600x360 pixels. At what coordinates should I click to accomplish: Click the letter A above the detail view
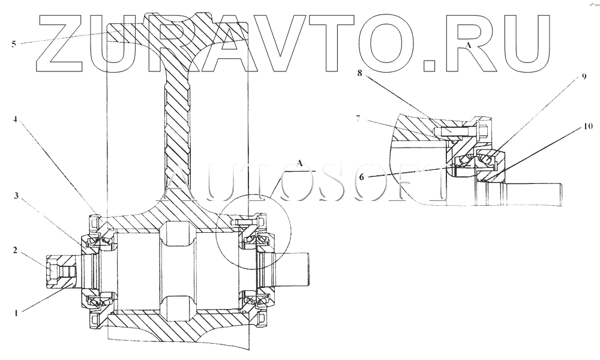(469, 46)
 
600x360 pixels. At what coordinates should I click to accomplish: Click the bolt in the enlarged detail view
(460, 129)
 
